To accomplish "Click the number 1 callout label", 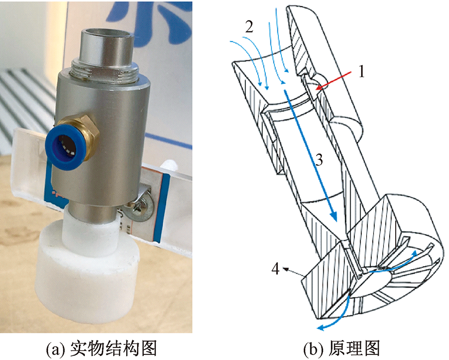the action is click(x=362, y=72).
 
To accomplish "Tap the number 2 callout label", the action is click(x=249, y=27).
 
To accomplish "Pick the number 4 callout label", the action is click(x=275, y=269).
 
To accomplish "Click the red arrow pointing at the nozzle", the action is click(x=334, y=80).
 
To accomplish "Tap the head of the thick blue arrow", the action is click(x=333, y=216).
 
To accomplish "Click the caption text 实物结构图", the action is click(x=114, y=349).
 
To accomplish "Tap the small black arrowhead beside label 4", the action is click(x=285, y=269).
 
